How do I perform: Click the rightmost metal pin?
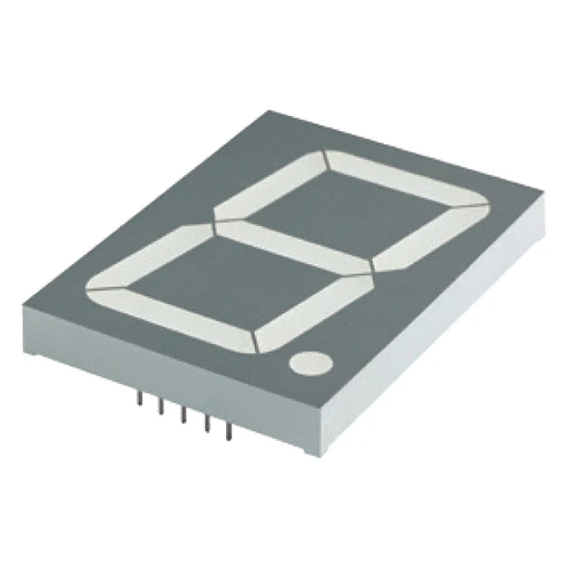coord(229,429)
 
